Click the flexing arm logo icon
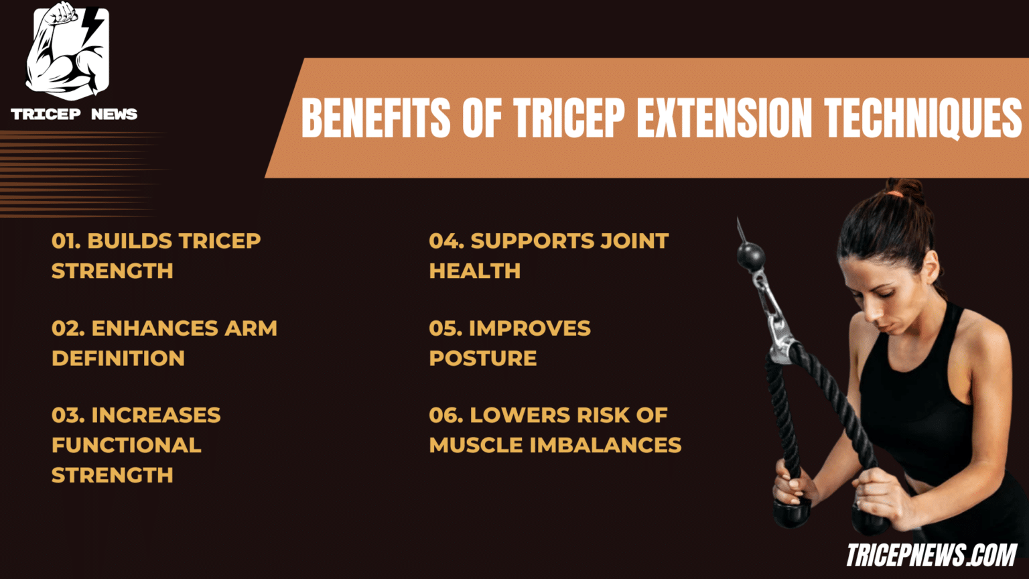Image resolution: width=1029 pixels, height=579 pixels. click(67, 51)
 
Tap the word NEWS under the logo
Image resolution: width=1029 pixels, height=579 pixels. click(114, 115)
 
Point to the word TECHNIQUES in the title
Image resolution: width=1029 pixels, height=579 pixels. click(923, 118)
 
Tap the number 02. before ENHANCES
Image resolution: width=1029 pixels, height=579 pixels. click(68, 328)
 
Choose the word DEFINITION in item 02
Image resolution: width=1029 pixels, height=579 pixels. click(118, 359)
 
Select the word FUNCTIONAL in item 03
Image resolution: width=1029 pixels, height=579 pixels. click(126, 445)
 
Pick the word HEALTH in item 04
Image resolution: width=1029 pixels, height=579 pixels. click(474, 271)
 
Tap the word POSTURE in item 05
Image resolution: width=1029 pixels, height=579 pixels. click(482, 359)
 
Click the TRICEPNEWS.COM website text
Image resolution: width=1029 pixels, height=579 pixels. click(931, 555)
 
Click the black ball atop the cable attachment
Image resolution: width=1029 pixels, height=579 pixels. click(750, 256)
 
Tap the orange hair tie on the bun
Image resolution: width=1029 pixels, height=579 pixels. click(895, 194)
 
